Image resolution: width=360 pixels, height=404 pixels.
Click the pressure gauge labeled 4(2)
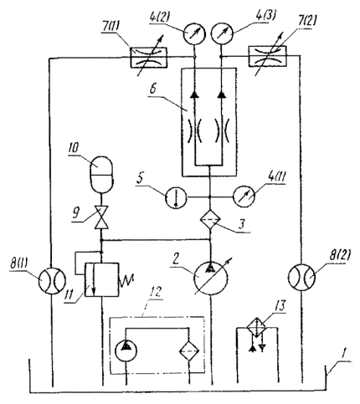pyautogui.click(x=194, y=34)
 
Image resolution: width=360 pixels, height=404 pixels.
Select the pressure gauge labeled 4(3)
pyautogui.click(x=222, y=34)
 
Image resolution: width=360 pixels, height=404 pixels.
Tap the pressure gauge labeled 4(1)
pyautogui.click(x=244, y=197)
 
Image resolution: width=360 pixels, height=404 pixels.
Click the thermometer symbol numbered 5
pyautogui.click(x=176, y=197)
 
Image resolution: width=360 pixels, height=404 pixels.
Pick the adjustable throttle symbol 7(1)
pyautogui.click(x=149, y=58)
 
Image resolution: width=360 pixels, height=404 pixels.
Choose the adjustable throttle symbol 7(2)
pyautogui.click(x=267, y=56)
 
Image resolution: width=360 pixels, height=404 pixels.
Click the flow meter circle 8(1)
pyautogui.click(x=52, y=279)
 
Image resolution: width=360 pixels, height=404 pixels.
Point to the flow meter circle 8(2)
pyautogui.click(x=301, y=278)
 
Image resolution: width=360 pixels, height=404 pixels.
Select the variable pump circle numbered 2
pyautogui.click(x=211, y=278)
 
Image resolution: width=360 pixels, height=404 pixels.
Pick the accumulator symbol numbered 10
pyautogui.click(x=101, y=174)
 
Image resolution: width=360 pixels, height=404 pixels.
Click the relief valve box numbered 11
pyautogui.click(x=101, y=279)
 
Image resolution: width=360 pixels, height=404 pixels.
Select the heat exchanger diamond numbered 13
pyautogui.click(x=257, y=329)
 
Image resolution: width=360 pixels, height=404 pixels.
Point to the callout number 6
pyautogui.click(x=153, y=89)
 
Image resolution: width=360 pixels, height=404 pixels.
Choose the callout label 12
pyautogui.click(x=155, y=293)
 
